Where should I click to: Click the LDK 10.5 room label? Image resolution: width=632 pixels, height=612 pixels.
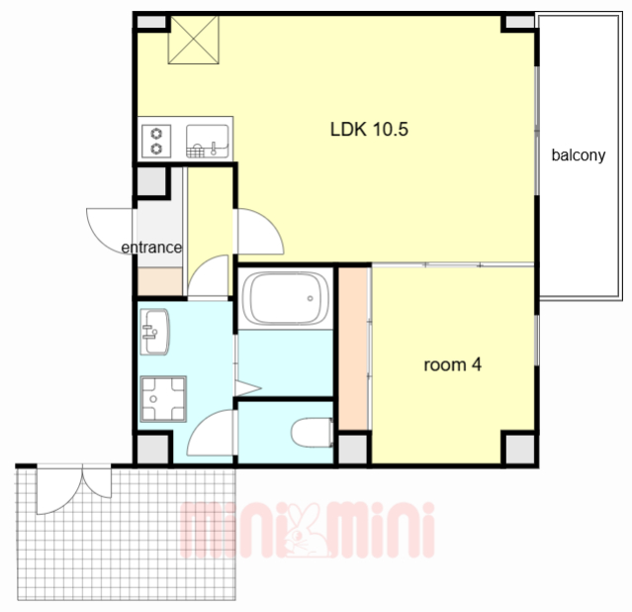(x=369, y=130)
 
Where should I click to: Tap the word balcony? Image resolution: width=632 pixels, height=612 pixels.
(x=579, y=155)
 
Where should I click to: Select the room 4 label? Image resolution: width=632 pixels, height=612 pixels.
(x=453, y=365)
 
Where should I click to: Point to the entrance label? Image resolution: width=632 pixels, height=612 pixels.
(x=151, y=248)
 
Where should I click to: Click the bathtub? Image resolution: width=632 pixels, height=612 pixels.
(x=286, y=298)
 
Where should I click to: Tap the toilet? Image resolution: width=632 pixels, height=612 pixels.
(x=313, y=433)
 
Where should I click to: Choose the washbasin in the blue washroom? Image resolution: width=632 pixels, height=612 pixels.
(x=154, y=332)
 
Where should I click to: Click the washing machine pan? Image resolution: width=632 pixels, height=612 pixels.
(x=163, y=399)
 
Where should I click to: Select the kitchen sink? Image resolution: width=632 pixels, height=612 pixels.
(x=207, y=141)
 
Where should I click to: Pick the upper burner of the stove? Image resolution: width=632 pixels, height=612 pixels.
(x=156, y=133)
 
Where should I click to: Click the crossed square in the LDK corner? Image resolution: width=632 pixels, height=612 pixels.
(x=194, y=40)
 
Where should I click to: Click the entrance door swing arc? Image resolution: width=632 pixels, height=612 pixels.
(x=101, y=238)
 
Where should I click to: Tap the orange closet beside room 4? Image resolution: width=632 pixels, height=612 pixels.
(x=353, y=349)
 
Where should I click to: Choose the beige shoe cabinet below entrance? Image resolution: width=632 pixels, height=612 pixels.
(x=160, y=281)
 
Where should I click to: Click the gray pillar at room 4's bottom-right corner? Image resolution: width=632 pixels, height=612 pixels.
(x=520, y=449)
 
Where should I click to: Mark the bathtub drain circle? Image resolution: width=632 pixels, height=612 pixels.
(x=310, y=299)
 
